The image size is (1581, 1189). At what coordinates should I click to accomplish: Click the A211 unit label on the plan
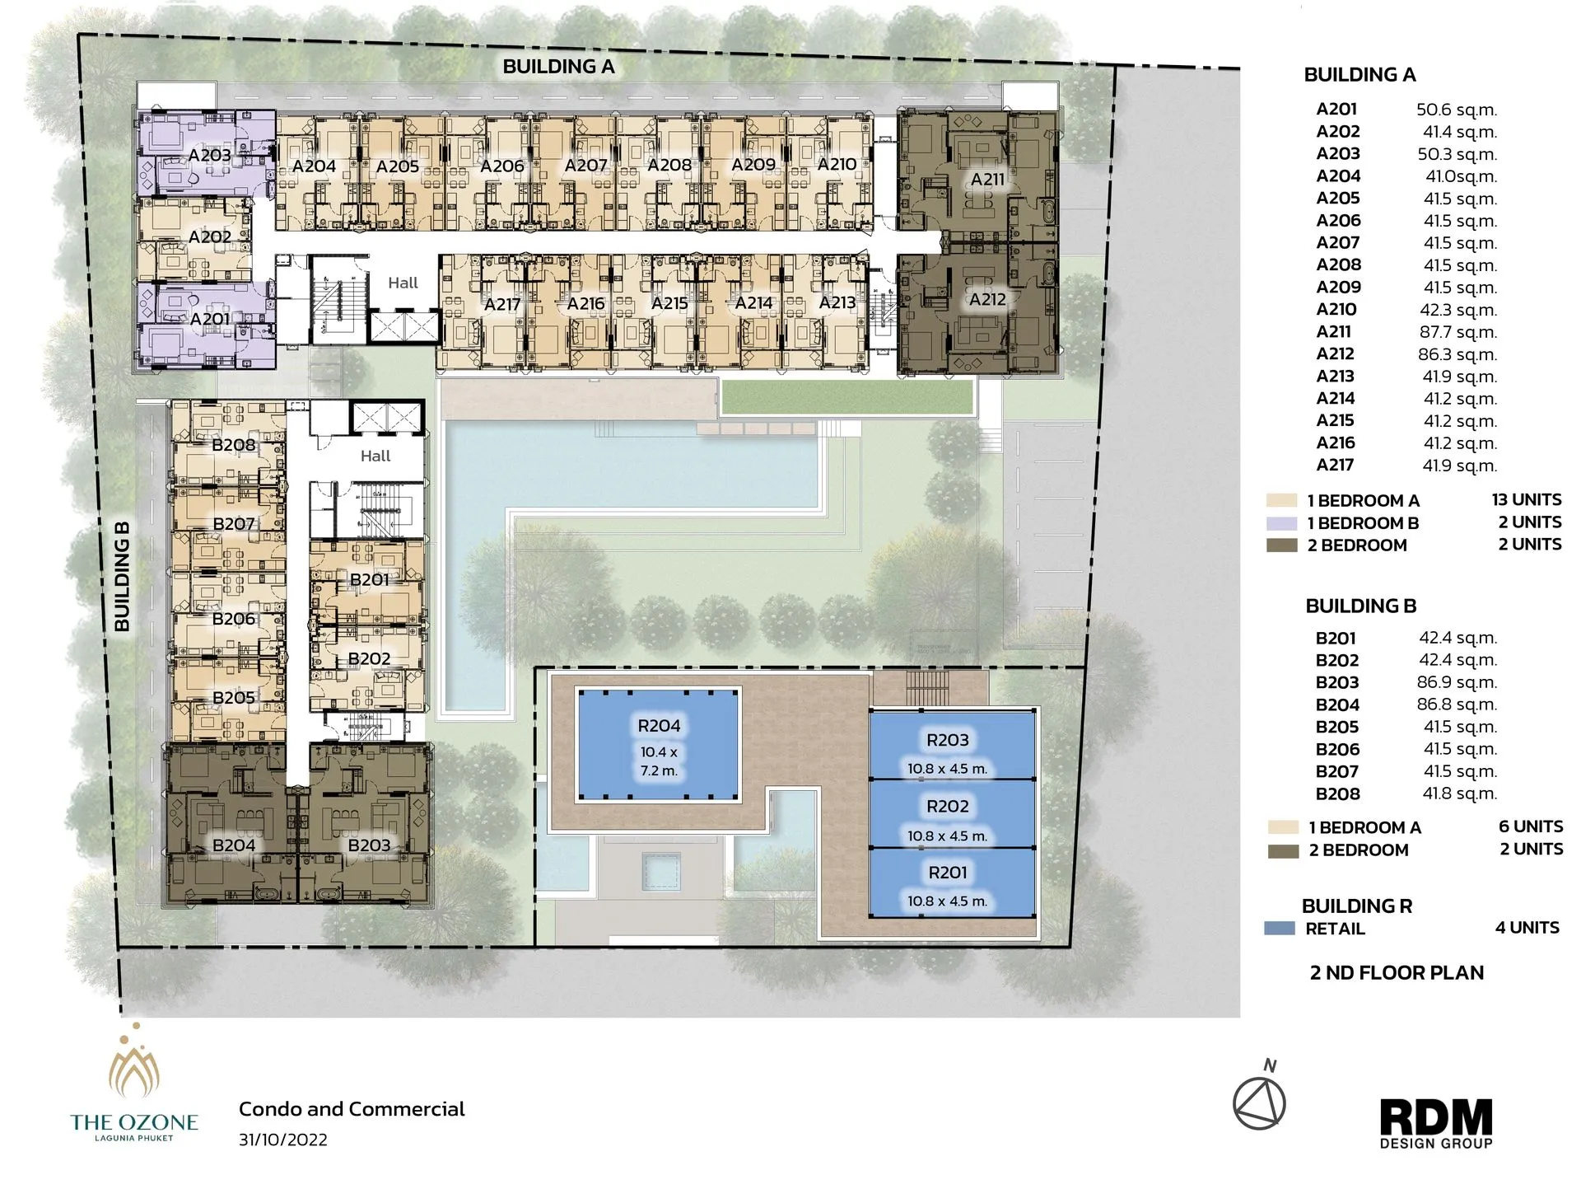point(986,179)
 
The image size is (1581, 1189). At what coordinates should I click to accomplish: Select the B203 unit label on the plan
point(369,845)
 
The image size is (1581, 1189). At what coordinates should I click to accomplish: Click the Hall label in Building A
point(403,283)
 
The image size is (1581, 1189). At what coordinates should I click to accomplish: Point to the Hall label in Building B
point(375,456)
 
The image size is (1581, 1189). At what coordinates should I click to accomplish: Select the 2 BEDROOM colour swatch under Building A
point(1282,545)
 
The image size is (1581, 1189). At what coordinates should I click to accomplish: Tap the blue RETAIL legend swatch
point(1280,929)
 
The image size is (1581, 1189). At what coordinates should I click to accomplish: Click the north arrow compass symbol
point(1259,1102)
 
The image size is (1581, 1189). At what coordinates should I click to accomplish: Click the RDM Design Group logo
point(1436,1123)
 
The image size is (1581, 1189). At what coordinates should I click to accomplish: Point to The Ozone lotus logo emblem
point(134,1066)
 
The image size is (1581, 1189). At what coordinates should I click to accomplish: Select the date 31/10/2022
point(283,1140)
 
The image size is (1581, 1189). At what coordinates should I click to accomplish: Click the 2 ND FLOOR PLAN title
point(1397,973)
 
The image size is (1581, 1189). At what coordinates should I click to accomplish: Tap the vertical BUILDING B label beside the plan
point(122,577)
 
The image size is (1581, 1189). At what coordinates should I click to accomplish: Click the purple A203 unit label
point(209,155)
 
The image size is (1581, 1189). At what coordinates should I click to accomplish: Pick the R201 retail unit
point(947,882)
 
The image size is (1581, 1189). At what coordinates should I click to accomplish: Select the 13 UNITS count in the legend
point(1526,500)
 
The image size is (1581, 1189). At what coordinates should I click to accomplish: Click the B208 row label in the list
point(1337,794)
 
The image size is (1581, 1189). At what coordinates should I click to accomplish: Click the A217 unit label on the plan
point(501,304)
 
